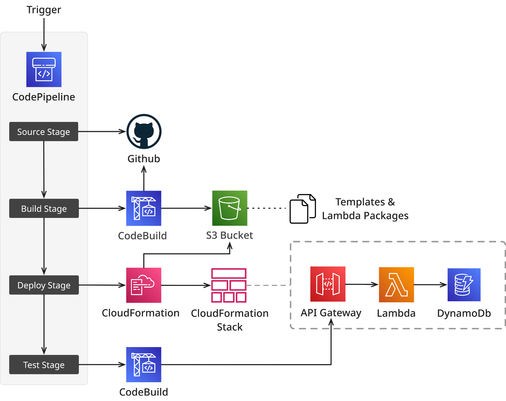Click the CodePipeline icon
pos(44,69)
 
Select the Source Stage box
pos(44,132)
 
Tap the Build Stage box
pos(44,208)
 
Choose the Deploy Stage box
pos(44,285)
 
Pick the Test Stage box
pos(44,364)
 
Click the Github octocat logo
pos(144,132)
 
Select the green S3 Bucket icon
pos(229,208)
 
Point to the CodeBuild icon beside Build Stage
pos(143,208)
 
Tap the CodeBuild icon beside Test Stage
pos(143,364)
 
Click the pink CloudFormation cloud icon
pos(143,285)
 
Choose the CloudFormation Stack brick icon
pos(229,285)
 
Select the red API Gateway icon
pos(328,284)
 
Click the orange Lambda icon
pos(396,285)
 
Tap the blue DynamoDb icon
pos(464,285)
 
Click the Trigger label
pos(44,10)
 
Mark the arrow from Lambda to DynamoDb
pos(430,285)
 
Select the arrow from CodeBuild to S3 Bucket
pos(186,208)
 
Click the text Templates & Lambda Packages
pos(365,209)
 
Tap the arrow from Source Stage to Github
pos(102,132)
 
